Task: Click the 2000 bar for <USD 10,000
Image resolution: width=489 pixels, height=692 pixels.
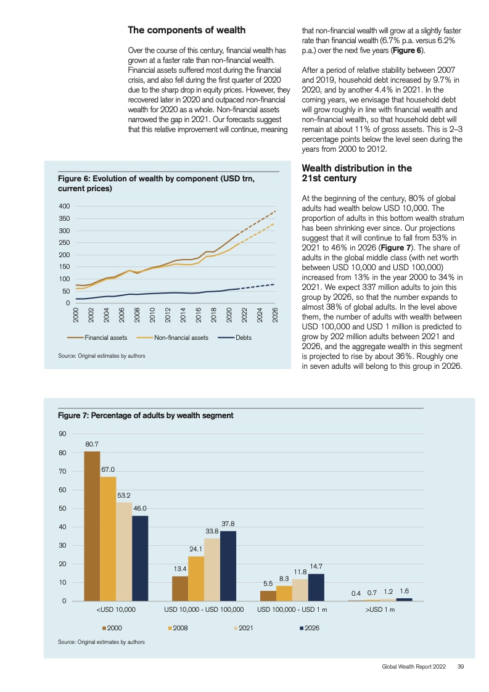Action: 92,526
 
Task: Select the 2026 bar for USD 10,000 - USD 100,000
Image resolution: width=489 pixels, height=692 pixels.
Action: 228,566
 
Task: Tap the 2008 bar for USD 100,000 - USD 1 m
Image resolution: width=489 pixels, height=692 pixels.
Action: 284,593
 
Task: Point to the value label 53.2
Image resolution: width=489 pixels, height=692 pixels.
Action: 123,496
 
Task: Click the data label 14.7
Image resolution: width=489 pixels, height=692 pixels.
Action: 316,566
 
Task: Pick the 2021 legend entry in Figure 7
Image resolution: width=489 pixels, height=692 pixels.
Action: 244,628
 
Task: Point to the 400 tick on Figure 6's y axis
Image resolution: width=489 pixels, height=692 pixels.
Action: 64,206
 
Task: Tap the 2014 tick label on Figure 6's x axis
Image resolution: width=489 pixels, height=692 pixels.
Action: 183,315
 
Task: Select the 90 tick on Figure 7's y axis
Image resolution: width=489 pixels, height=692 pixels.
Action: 63,434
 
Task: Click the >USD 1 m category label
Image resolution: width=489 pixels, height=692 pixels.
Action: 380,609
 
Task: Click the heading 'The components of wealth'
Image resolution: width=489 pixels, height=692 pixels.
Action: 187,30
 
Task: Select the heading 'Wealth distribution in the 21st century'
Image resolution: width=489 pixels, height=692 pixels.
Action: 356,173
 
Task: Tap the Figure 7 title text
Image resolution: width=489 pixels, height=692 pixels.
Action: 146,415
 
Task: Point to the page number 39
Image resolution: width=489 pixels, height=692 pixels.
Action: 460,666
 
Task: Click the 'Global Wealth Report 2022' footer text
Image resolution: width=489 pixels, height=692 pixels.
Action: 414,666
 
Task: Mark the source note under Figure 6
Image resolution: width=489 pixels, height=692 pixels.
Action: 102,356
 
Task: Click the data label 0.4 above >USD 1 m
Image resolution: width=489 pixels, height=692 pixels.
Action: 356,593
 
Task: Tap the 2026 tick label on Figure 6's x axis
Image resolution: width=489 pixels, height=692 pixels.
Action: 274,315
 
